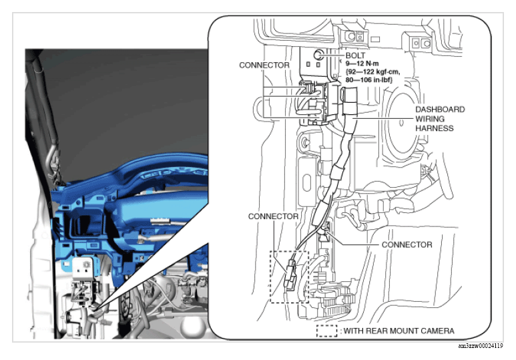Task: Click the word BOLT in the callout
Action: pos(355,55)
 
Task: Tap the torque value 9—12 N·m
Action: pos(362,63)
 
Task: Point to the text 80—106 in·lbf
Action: pos(369,79)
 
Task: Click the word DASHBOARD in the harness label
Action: pos(440,110)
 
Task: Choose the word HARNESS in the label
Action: pos(435,128)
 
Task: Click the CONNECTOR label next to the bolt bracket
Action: pos(264,65)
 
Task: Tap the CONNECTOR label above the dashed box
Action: pos(273,216)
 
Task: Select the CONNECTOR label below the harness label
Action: pos(407,244)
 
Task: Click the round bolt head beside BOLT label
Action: pos(318,55)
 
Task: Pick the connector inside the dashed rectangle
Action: pos(290,275)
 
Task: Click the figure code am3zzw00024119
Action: pos(481,346)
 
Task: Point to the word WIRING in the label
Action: pos(430,119)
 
